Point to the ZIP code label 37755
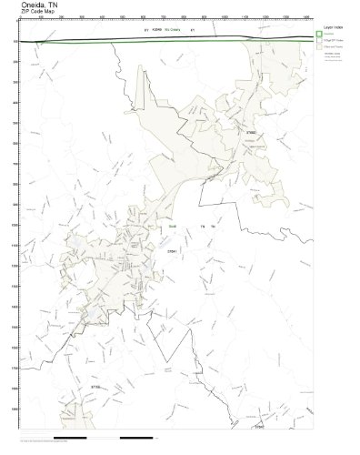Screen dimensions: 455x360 click(95, 389)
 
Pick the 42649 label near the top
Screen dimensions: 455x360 click(157, 31)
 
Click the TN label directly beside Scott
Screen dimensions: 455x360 click(192, 225)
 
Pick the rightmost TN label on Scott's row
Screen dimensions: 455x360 click(213, 225)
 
